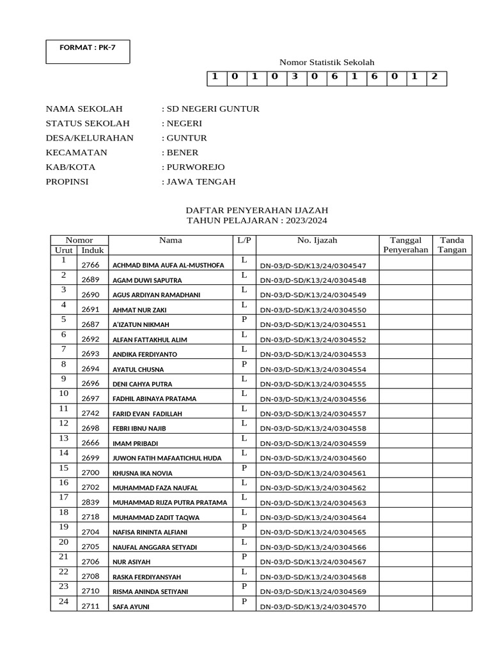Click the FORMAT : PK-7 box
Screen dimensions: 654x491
click(88, 51)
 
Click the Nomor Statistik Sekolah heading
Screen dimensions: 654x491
click(327, 62)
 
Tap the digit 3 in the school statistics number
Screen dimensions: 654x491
click(295, 78)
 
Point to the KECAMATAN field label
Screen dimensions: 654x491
click(77, 153)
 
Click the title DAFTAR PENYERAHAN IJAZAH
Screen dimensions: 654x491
click(257, 209)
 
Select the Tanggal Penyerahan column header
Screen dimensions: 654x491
click(405, 245)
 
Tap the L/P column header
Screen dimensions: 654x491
click(244, 240)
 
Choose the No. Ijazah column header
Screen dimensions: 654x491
click(316, 240)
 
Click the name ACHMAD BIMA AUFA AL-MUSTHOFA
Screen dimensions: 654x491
click(168, 266)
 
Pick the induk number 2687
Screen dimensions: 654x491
click(90, 324)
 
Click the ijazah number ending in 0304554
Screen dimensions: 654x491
click(313, 370)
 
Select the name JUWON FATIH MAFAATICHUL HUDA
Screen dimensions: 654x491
click(167, 459)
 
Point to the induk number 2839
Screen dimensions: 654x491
click(90, 503)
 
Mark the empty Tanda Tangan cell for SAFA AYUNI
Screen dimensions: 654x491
click(453, 604)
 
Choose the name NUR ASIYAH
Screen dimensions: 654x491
click(132, 562)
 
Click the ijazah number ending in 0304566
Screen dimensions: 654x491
click(313, 547)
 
